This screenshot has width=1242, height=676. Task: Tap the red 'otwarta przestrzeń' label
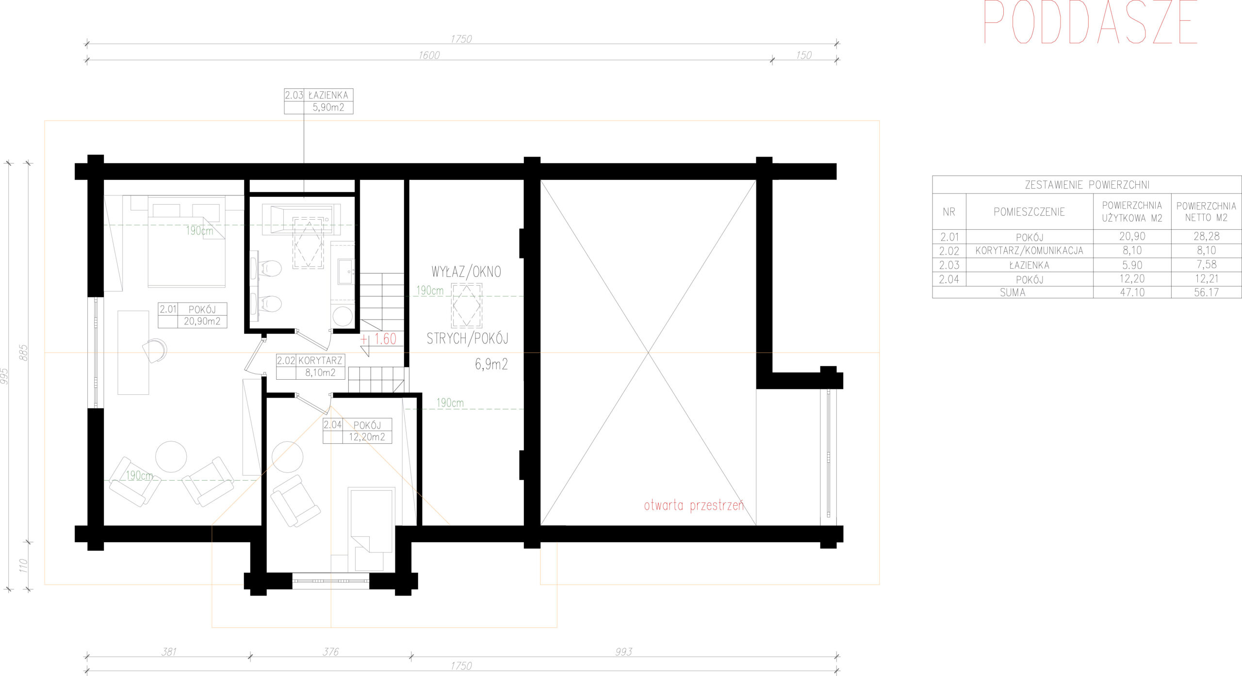(x=694, y=506)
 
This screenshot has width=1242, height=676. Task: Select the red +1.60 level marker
(x=379, y=339)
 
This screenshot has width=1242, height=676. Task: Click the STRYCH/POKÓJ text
(x=468, y=338)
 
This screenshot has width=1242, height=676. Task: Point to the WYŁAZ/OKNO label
(x=466, y=272)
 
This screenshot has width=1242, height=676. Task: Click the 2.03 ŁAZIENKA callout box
(x=318, y=101)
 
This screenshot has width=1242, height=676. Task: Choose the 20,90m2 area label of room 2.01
(x=202, y=321)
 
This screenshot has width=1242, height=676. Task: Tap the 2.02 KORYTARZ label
(x=310, y=360)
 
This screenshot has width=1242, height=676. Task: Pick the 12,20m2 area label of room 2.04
(x=367, y=437)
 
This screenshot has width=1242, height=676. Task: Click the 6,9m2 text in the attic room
(x=491, y=364)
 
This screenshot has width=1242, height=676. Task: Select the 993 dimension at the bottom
(x=623, y=652)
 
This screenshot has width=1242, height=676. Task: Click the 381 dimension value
(x=169, y=652)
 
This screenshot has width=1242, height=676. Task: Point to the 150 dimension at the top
(x=803, y=55)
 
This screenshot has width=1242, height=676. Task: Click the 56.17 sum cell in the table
(x=1206, y=292)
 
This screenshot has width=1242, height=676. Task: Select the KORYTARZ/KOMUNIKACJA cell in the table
(x=1029, y=251)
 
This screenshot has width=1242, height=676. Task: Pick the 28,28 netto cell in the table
(x=1206, y=236)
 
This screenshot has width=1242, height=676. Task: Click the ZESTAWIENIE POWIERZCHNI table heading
(x=1087, y=185)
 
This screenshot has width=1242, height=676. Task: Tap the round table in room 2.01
(x=171, y=456)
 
